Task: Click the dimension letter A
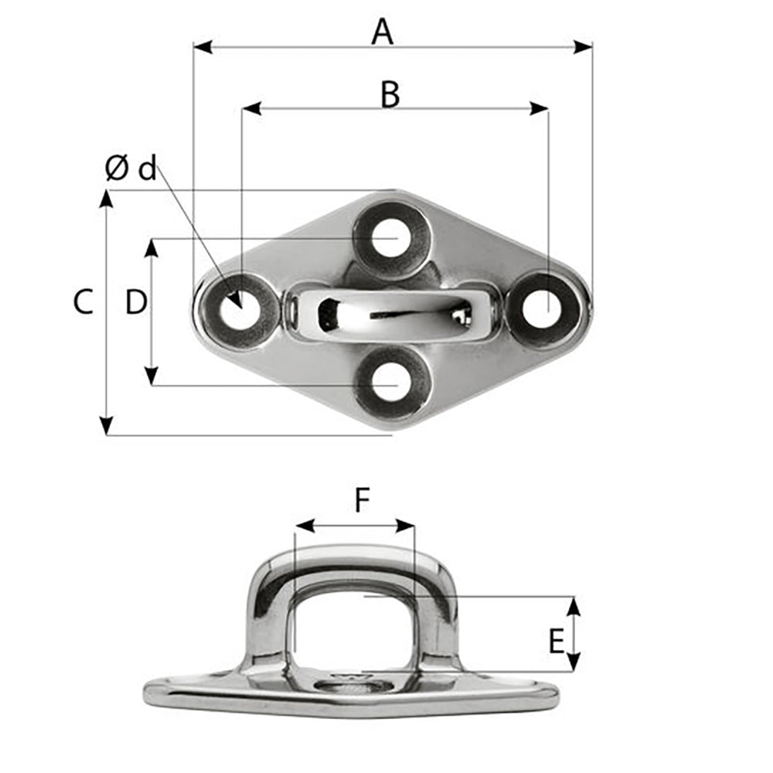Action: click(382, 32)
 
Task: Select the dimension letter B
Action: click(390, 95)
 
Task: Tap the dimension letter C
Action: click(83, 302)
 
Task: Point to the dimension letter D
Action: click(136, 302)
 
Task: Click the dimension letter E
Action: click(556, 642)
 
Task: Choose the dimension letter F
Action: click(362, 502)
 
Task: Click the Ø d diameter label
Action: click(131, 169)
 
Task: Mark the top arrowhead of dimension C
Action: click(107, 199)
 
